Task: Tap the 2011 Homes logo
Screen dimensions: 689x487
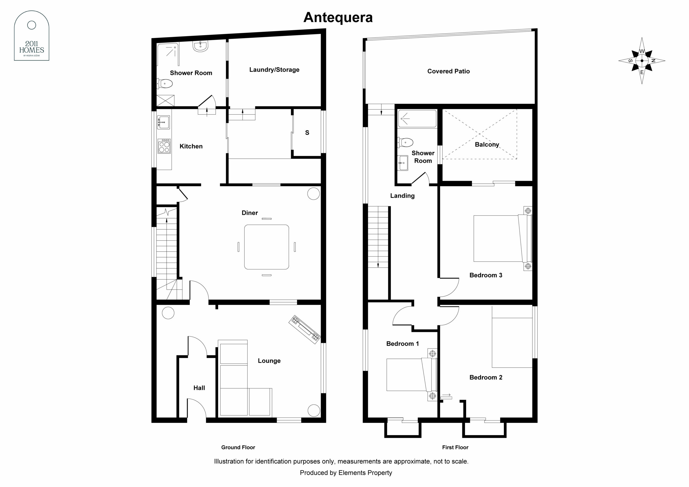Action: coord(31,36)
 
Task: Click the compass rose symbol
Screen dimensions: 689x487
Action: coord(642,61)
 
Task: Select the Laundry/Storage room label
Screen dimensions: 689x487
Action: coord(274,70)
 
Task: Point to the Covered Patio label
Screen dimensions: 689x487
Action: coord(448,71)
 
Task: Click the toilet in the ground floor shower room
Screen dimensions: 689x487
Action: coord(164,84)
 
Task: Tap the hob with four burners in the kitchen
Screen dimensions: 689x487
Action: coord(164,146)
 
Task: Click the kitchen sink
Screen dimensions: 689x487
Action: coord(163,122)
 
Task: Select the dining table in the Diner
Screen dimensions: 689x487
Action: coord(266,247)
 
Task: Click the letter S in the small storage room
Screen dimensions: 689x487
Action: coord(307,133)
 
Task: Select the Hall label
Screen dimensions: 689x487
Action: coord(199,388)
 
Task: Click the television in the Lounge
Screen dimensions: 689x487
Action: coord(305,329)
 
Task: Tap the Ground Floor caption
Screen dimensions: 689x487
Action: coord(238,447)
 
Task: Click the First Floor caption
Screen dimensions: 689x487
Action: coord(455,447)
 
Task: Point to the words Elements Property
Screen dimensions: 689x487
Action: coord(365,473)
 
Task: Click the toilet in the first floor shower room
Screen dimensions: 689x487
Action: coord(405,142)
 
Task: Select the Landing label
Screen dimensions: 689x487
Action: coord(402,196)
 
